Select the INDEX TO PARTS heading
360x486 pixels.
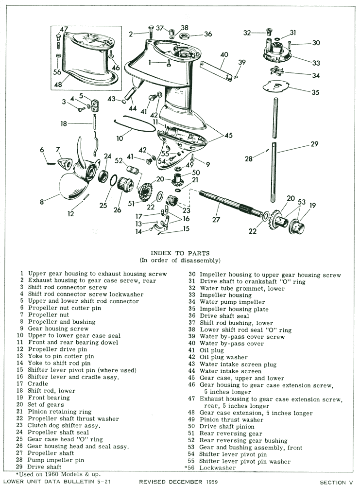point(180,253)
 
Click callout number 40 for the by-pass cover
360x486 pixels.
point(224,54)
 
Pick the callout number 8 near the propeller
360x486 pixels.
point(42,200)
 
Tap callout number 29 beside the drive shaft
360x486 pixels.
point(315,144)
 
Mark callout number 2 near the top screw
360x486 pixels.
point(131,34)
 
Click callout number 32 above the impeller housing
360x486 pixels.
point(247,33)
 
